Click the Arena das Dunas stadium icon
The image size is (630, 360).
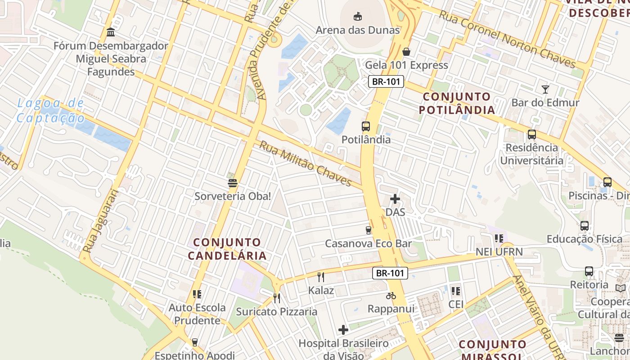[357, 17]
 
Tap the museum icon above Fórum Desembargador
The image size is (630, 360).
[111, 32]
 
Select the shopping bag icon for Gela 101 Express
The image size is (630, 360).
[406, 52]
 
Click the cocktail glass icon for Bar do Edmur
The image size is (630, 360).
[545, 89]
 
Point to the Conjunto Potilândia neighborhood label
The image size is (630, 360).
[457, 103]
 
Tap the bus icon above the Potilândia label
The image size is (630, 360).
[366, 126]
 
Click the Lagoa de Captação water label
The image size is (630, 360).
[50, 111]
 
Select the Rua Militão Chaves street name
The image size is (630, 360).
[305, 164]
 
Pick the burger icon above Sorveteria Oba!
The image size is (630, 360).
[233, 183]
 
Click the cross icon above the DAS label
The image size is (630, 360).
[395, 199]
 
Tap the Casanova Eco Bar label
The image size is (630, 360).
[369, 243]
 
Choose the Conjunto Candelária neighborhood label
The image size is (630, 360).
[227, 249]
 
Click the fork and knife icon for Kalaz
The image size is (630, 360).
[321, 277]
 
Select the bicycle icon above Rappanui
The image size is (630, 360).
[391, 296]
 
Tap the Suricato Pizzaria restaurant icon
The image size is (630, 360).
[277, 298]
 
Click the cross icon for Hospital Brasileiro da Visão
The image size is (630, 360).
[343, 330]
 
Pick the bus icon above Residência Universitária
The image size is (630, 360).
[532, 134]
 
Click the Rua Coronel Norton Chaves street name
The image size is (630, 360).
[507, 39]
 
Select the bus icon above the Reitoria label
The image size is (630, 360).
[589, 271]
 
